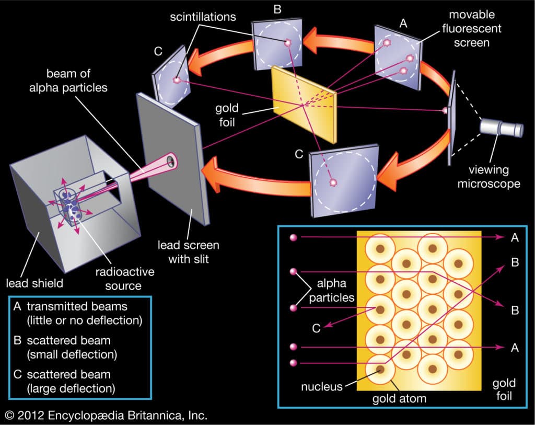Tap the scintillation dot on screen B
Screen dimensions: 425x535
287,43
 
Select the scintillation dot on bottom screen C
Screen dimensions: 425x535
332,183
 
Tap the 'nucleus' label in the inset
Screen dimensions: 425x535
321,386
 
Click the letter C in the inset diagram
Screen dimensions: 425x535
316,328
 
